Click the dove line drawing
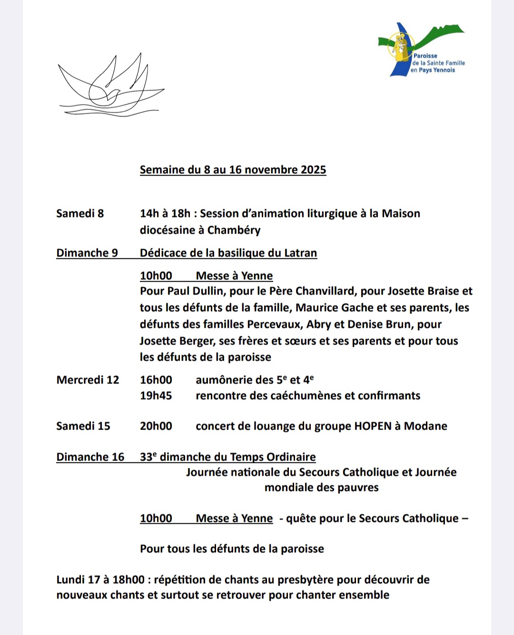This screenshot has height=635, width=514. [110, 86]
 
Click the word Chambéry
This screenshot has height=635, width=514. [234, 230]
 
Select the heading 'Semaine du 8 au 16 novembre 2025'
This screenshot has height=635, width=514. [233, 170]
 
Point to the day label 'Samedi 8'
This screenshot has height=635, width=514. [80, 214]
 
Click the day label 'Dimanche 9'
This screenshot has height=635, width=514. [87, 253]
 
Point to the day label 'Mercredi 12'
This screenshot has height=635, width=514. [88, 380]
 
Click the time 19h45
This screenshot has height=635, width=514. [156, 396]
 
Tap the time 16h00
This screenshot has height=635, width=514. [156, 380]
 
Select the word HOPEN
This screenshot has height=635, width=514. [373, 426]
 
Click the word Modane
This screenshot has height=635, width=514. [425, 426]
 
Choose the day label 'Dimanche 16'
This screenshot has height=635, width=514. [90, 457]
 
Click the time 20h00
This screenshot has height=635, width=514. [156, 426]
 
